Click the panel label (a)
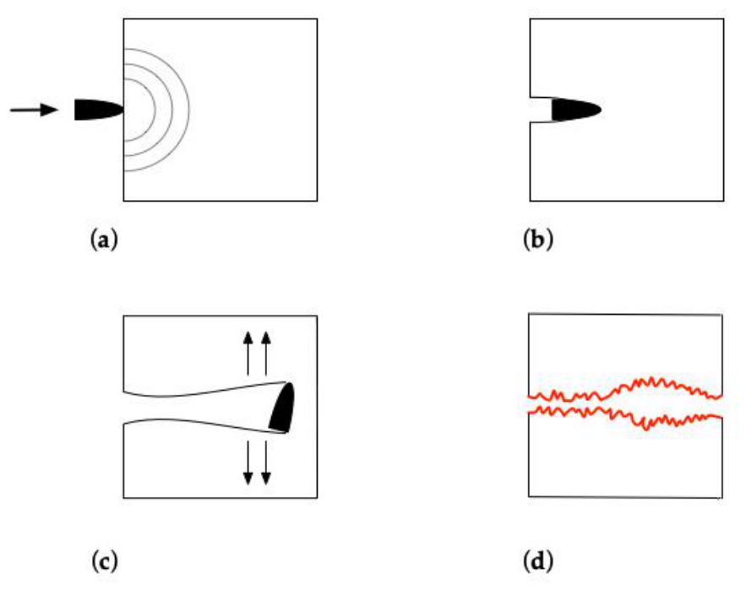[103, 240]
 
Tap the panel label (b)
[537, 240]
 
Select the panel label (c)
[104, 561]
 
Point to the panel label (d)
[538, 561]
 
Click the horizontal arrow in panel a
[34, 110]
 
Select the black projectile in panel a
[99, 110]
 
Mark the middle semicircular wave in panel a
[172, 110]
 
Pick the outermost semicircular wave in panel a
[188, 110]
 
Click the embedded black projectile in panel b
[575, 110]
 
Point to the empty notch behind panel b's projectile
[541, 110]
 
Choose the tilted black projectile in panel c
[282, 408]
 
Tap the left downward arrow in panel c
[248, 463]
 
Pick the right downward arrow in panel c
[266, 463]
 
